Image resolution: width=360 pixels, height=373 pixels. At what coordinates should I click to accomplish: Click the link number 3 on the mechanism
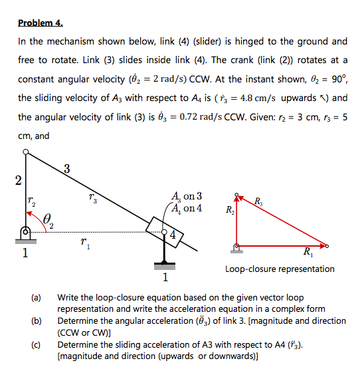pyautogui.click(x=66, y=168)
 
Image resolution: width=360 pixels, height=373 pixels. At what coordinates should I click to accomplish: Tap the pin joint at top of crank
pyautogui.click(x=26, y=153)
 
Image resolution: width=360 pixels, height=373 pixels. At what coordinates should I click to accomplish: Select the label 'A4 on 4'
pyautogui.click(x=187, y=208)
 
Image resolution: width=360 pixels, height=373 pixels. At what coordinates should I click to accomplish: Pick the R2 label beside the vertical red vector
pyautogui.click(x=227, y=213)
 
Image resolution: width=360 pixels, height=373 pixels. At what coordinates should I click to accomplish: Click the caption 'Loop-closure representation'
pyautogui.click(x=280, y=269)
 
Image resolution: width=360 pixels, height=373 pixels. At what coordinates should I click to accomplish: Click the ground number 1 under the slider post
pyautogui.click(x=165, y=277)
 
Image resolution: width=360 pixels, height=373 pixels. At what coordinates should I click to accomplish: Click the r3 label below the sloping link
pyautogui.click(x=92, y=197)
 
